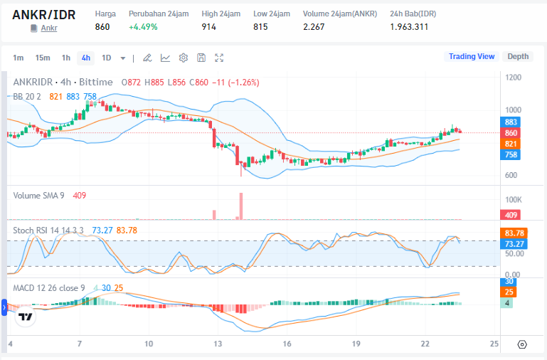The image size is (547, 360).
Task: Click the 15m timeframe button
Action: tap(43, 58)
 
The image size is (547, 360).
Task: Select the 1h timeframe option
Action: tap(65, 58)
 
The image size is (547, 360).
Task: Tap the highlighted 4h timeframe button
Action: tap(85, 58)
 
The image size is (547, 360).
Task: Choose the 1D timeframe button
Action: tap(107, 58)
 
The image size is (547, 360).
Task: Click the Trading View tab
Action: tap(471, 56)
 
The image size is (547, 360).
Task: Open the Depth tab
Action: tap(518, 56)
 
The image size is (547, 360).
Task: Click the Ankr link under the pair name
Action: tap(49, 28)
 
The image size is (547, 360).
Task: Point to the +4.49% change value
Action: tap(143, 27)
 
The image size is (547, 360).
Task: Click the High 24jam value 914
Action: tap(209, 27)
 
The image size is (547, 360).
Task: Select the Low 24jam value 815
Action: tap(261, 27)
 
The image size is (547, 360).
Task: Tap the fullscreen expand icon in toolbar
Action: tap(219, 58)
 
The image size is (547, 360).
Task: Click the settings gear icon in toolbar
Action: tap(184, 58)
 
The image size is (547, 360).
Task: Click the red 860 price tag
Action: tap(511, 133)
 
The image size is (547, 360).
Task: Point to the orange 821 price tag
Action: tap(511, 144)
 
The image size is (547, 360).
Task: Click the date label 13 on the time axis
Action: tap(218, 344)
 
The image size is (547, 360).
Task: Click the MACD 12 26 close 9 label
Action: tap(49, 287)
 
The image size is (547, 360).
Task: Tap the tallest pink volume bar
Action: tap(242, 206)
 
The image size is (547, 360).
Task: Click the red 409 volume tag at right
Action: tap(511, 215)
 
